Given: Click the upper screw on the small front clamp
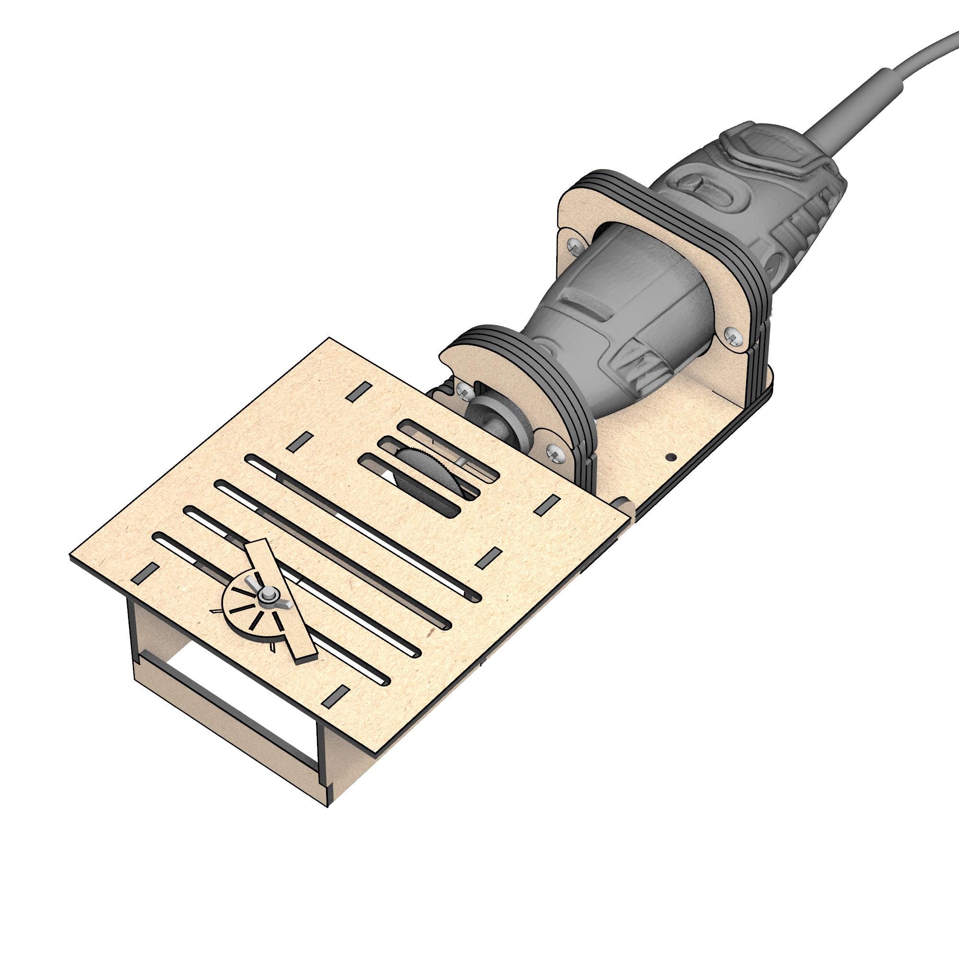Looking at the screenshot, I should click(x=464, y=392).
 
